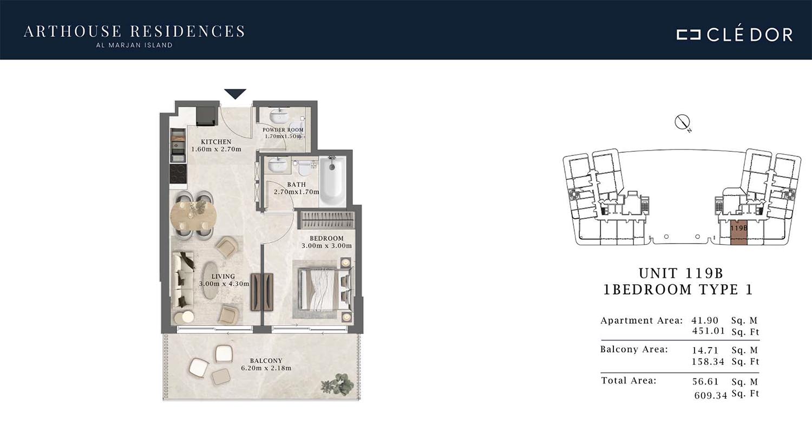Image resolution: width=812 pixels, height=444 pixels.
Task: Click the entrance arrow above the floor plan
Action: point(235,94)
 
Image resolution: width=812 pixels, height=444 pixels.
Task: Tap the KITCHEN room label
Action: point(216,142)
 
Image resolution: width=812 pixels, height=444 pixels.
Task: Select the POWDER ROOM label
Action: point(283,130)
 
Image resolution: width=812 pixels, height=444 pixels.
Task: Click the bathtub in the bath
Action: point(333,181)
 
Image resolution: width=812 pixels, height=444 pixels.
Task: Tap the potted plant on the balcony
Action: point(337,384)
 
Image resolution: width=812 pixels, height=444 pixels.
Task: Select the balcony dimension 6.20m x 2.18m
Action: point(266,368)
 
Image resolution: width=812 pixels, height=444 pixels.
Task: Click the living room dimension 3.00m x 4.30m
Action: point(224,284)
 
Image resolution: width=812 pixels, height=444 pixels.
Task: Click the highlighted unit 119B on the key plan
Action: point(738,232)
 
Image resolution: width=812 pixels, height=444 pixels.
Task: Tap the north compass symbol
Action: point(682,122)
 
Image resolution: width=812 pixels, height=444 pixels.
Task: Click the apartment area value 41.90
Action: point(705,321)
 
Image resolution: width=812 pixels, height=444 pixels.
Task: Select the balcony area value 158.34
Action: point(708,362)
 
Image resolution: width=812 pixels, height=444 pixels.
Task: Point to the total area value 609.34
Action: point(711,395)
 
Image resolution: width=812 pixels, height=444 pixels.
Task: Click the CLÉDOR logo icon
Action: point(688,35)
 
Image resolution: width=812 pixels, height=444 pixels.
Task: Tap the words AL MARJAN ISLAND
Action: point(134,45)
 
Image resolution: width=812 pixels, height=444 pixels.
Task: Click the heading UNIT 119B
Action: point(681,273)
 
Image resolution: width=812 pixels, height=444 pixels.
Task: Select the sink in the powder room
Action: point(279,116)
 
